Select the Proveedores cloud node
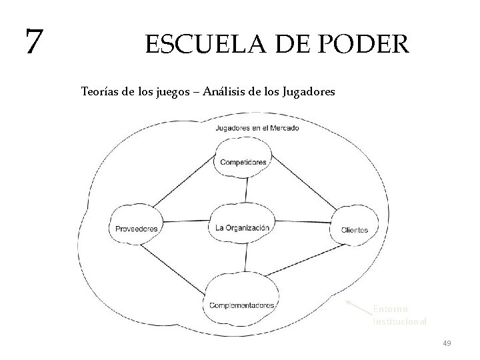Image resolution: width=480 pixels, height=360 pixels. pos(136,229)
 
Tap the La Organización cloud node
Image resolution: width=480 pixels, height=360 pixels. pos(243,227)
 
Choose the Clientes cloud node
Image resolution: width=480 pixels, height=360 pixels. pos(354,229)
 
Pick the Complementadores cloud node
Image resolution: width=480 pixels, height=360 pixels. pos(242,305)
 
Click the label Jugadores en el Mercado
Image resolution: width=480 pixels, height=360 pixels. pos(257,127)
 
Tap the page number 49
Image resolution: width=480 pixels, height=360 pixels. pos(447,343)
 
